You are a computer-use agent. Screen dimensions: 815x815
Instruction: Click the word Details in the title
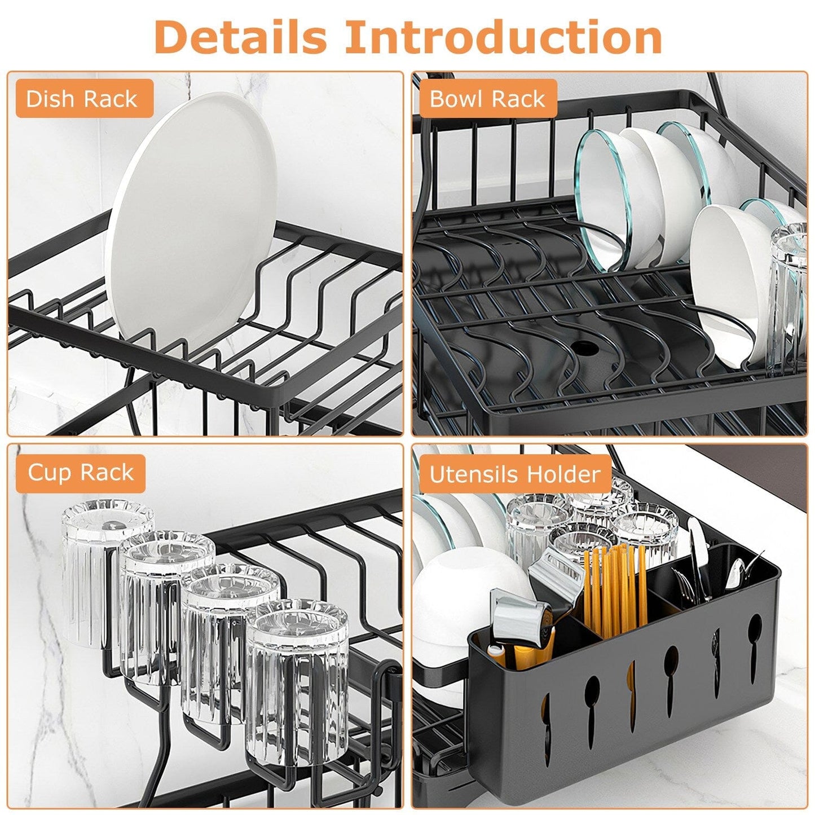pos(240,37)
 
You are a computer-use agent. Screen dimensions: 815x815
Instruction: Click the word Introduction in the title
pos(503,37)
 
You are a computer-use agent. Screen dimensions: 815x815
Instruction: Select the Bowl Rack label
pos(487,99)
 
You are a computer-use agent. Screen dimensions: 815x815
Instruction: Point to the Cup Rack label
pos(81,473)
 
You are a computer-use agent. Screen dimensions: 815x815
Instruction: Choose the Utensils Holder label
pos(514,474)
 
